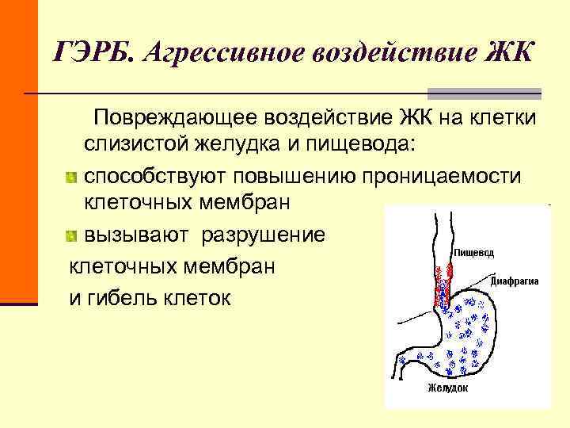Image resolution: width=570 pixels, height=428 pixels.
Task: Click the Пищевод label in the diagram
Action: [x=474, y=253]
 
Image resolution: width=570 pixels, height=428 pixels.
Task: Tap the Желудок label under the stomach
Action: [x=448, y=388]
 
